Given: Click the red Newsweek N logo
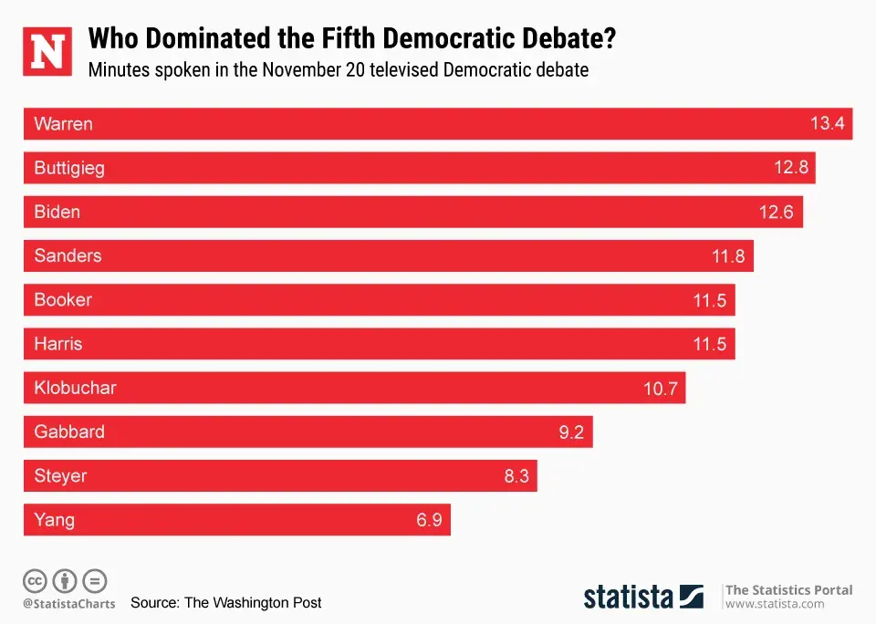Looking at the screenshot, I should pos(47,51).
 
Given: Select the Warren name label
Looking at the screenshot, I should pos(63,124).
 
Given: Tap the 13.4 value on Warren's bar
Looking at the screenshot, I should pos(827,124).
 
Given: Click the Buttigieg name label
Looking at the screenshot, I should pos(69,168).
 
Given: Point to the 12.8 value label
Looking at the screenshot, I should pos(790,168).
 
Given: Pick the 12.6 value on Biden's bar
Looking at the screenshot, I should pos(777,213).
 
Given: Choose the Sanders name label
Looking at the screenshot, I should pos(68,256).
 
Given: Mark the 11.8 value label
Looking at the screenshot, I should pos(728,256).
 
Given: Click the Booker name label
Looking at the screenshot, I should pos(63,300).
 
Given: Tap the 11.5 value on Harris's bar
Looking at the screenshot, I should pos(709,345).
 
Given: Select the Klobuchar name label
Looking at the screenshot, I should pos(75,389).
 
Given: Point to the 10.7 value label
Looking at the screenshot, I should pos(661,389).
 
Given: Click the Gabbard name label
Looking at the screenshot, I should pos(69,432).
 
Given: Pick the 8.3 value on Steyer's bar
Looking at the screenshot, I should pos(516,476).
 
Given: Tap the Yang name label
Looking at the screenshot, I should pos(54,521).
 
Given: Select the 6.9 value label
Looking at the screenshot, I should pos(430,521).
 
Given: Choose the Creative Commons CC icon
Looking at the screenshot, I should pos(36,580).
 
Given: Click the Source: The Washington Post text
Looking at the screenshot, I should pos(225,603).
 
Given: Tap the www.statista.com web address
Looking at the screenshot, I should pos(775,604).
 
